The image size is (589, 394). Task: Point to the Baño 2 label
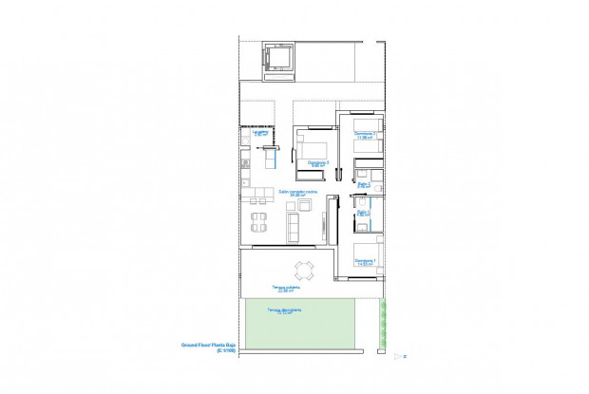364,184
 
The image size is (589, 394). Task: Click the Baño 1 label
364,214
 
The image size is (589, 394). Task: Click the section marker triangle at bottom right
397,356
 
